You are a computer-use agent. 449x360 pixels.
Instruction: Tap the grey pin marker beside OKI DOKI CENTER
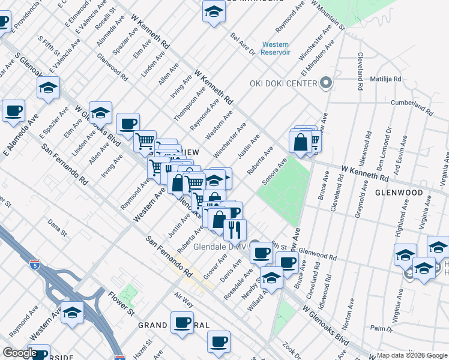point(327,83)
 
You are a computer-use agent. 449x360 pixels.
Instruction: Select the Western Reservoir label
point(276,49)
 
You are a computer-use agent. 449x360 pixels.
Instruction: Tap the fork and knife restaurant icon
point(235,229)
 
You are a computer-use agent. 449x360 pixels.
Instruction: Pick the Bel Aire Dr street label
point(243,43)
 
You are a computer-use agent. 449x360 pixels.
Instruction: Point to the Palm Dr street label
point(381,328)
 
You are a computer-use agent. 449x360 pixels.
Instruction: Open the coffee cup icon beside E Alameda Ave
point(13,111)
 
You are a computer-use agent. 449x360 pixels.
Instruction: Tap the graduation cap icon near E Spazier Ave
point(48,88)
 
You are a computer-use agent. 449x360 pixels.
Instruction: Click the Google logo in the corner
point(19,353)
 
